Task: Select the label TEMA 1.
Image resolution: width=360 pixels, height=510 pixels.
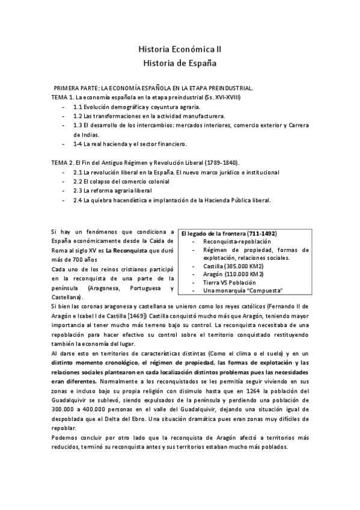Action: point(61,97)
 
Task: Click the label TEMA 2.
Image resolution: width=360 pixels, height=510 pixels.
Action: point(61,162)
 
